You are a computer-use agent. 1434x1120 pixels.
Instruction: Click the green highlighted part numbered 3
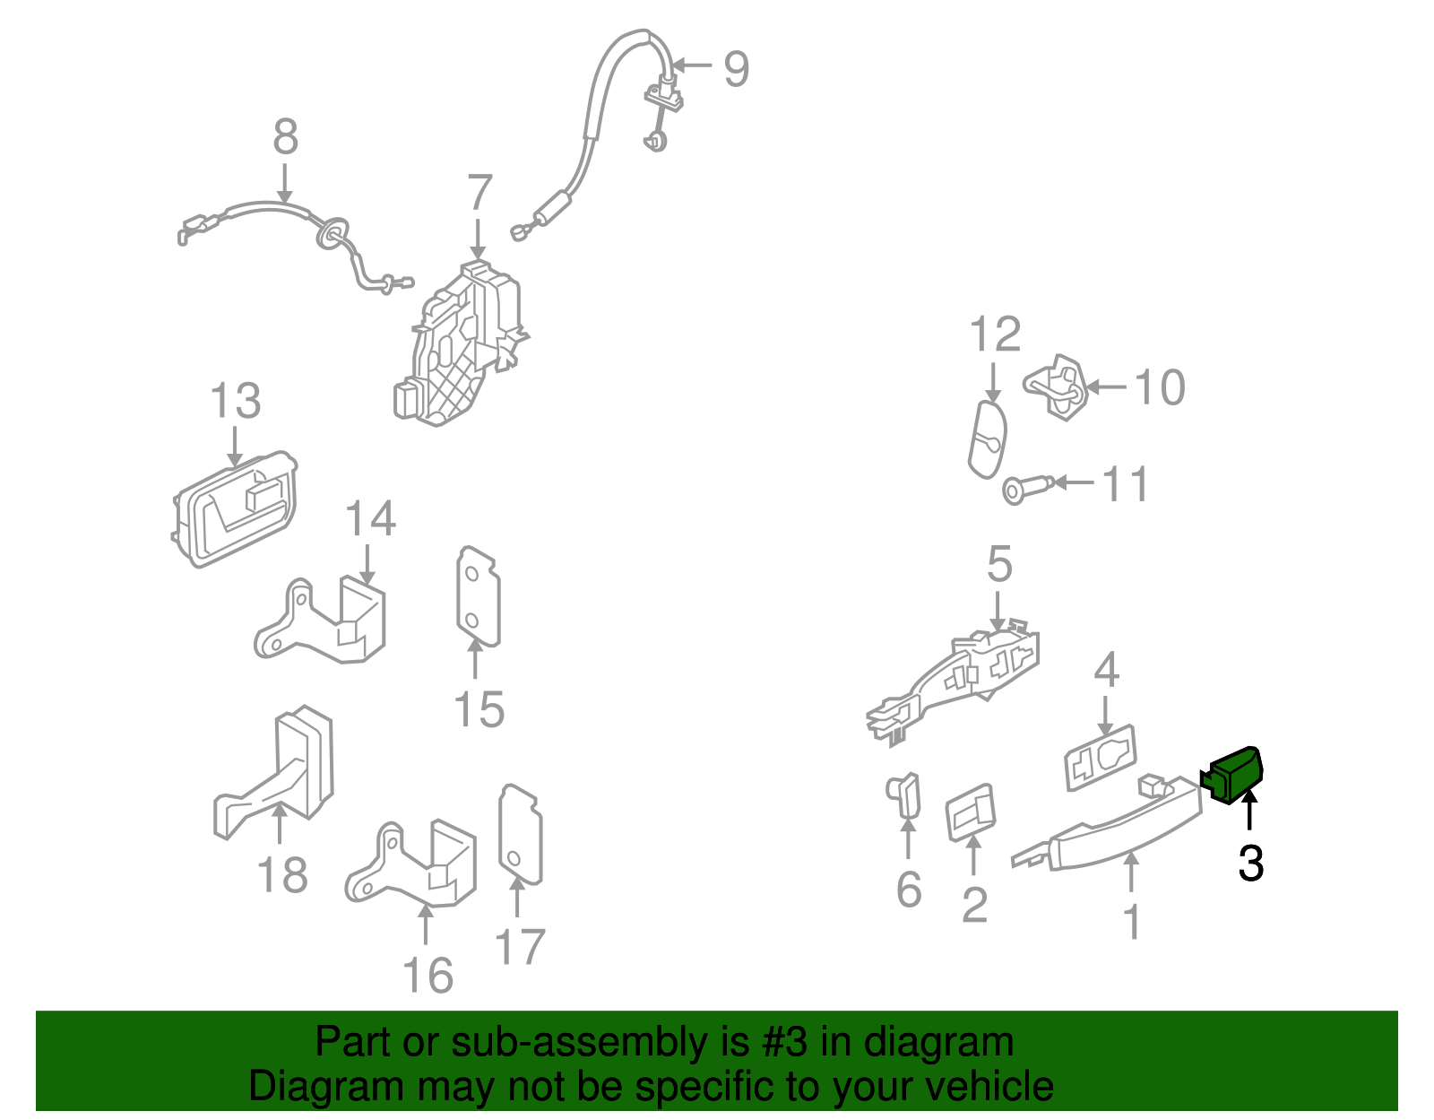(x=1232, y=776)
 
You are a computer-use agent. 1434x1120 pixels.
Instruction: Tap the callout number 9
(x=736, y=69)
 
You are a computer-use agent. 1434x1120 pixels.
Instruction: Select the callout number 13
(x=236, y=401)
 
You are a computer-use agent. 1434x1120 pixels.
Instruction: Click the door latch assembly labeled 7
(x=459, y=343)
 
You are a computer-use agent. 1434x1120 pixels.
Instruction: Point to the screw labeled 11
(x=1027, y=489)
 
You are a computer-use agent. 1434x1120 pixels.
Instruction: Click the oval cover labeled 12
(x=988, y=438)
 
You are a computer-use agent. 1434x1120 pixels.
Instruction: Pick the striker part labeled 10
(x=1056, y=387)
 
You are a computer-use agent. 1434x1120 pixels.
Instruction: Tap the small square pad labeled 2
(x=970, y=812)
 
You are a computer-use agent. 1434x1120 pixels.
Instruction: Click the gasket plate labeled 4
(x=1101, y=758)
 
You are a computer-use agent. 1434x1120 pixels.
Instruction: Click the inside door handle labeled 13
(x=234, y=508)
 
